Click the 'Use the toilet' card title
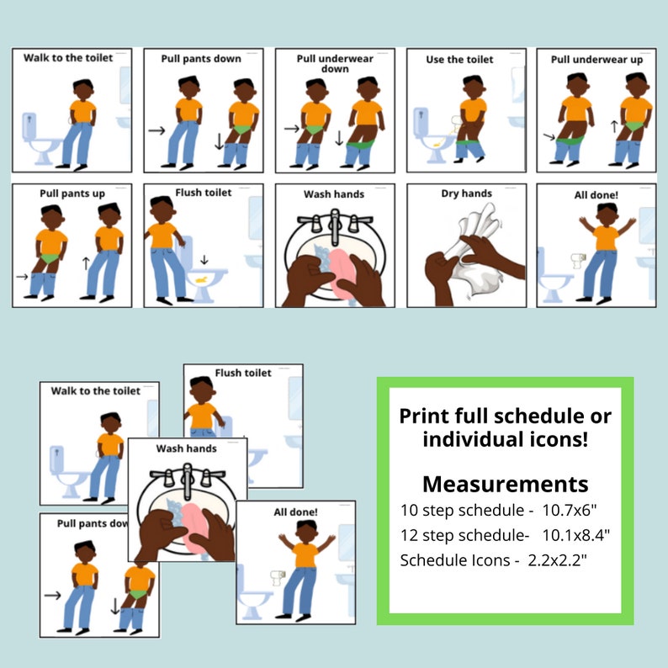(459, 59)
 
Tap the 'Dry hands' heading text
(466, 194)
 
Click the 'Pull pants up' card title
(72, 194)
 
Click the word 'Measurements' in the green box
(505, 484)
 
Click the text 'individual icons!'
(505, 438)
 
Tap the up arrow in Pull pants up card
(84, 262)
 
